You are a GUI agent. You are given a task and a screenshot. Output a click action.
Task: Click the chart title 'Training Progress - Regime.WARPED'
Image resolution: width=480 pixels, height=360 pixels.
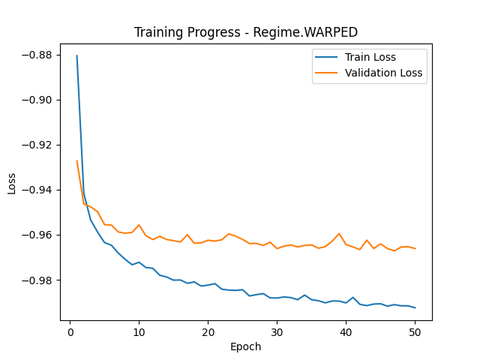pos(246,32)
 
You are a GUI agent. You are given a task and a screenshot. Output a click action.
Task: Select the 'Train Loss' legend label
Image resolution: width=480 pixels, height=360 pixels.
pos(370,57)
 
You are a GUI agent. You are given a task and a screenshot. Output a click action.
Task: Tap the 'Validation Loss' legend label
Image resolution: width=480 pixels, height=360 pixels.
pos(383,73)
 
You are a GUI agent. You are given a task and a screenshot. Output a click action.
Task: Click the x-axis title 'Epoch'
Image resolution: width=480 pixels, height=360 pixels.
pos(246,347)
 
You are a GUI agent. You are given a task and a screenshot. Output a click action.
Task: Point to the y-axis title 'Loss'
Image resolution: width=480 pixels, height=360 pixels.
pos(12,182)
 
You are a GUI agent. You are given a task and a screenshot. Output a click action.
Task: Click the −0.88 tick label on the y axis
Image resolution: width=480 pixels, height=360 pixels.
pos(38,55)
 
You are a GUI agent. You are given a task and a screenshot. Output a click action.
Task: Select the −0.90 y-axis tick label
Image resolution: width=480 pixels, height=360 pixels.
pos(38,100)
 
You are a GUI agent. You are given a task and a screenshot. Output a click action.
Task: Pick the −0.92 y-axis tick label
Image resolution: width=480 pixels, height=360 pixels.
pos(38,145)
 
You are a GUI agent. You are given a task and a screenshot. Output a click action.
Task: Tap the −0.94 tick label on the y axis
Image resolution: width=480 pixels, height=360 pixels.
pos(38,190)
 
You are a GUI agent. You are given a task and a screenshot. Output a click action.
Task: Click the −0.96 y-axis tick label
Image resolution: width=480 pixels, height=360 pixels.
pos(38,235)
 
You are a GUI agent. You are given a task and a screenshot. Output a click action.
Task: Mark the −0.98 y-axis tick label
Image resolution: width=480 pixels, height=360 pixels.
pos(38,280)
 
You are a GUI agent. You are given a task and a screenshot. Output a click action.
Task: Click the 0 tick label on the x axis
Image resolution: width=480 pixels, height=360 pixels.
pos(70,331)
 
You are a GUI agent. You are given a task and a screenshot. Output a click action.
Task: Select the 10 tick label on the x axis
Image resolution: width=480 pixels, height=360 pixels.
pos(139,331)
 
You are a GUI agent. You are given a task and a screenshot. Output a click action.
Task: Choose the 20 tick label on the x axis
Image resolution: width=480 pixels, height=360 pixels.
pos(208,331)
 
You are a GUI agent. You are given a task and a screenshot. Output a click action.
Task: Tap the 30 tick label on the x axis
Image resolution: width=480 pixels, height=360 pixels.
pos(277,331)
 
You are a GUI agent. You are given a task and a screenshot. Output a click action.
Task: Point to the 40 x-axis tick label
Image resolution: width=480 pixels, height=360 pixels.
pos(346,331)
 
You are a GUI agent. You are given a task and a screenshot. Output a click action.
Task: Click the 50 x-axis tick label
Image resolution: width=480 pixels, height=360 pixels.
pos(415,331)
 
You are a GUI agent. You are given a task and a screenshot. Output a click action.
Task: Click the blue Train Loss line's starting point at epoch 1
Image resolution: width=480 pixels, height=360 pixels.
pos(76,55)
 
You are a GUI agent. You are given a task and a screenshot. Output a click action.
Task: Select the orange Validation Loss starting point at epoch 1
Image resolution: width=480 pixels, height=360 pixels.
pos(76,160)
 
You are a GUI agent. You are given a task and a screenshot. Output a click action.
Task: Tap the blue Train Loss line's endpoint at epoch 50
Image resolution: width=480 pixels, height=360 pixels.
pos(415,307)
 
